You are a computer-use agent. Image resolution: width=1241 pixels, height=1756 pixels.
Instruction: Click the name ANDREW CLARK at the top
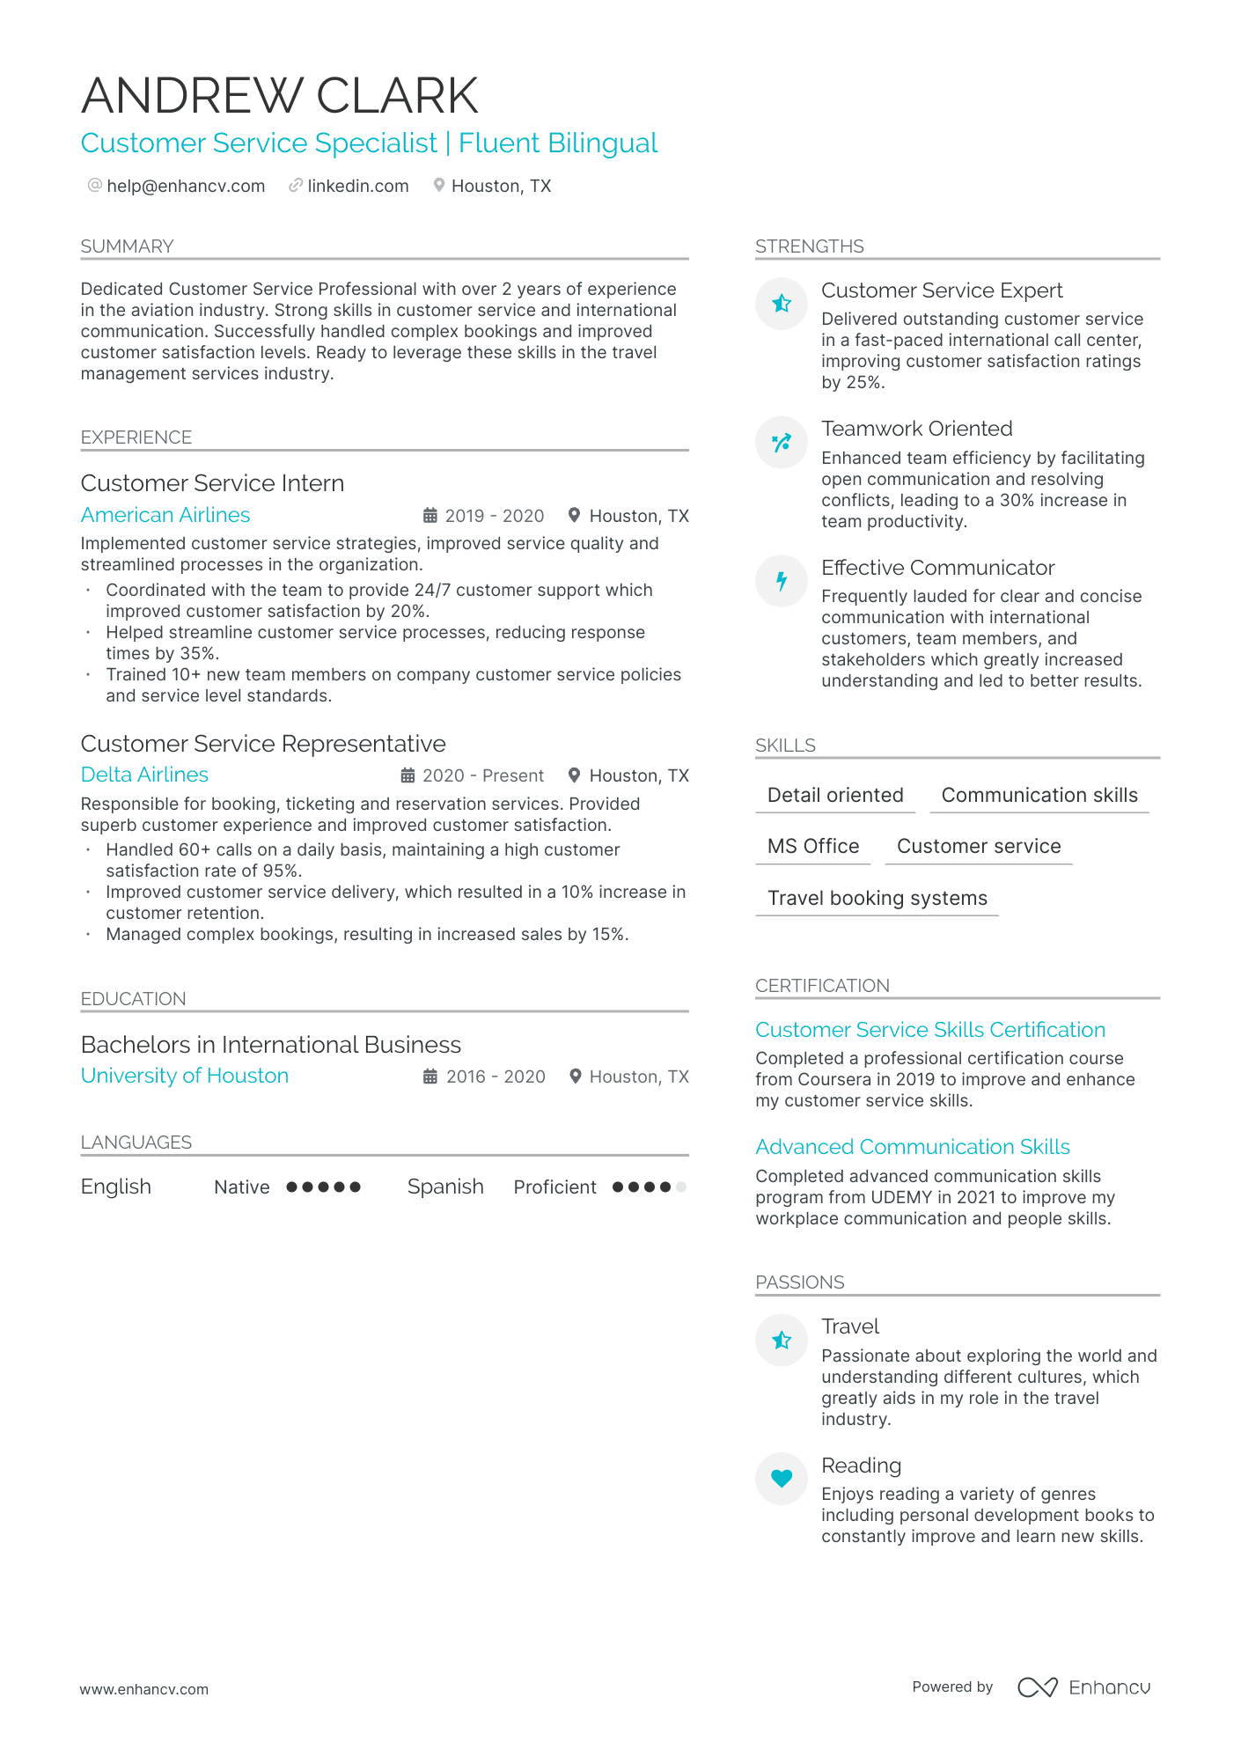tap(280, 95)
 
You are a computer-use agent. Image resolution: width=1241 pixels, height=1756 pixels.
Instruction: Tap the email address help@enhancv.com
tap(186, 186)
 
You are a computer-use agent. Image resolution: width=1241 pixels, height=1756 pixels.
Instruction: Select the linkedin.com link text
tap(357, 186)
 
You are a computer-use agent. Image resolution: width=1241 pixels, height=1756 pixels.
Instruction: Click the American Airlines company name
tap(165, 515)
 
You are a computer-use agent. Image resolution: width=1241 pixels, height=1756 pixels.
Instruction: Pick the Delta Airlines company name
tap(144, 775)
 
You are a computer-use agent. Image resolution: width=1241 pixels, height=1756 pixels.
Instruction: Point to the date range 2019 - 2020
tap(494, 516)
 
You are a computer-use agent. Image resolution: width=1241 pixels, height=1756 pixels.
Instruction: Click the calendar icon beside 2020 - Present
tap(408, 775)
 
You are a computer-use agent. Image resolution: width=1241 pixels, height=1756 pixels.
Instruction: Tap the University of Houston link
tap(185, 1076)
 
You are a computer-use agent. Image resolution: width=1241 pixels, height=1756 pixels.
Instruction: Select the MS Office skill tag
tap(813, 846)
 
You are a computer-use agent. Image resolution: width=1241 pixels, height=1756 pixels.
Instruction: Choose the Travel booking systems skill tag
tap(877, 898)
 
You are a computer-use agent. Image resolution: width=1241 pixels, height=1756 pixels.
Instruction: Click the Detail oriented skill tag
tap(835, 795)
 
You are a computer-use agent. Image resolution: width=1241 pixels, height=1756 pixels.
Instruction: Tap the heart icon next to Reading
tap(782, 1478)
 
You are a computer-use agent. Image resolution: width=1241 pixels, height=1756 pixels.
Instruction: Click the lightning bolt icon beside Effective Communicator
tap(782, 581)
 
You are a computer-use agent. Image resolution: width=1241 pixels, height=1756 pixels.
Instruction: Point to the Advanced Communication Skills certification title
tap(913, 1147)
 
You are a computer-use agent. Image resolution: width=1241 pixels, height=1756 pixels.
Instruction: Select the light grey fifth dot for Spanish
tap(681, 1187)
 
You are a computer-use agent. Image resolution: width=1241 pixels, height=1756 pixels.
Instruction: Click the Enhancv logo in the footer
tap(1084, 1687)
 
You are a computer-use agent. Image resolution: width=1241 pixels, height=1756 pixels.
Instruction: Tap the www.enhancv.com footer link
tap(144, 1689)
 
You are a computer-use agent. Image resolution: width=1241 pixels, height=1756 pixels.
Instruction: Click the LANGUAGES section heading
tap(136, 1143)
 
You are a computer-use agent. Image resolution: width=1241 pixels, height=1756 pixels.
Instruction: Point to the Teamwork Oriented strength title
tap(916, 429)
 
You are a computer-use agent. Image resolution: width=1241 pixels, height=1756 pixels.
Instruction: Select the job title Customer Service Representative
tap(263, 744)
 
